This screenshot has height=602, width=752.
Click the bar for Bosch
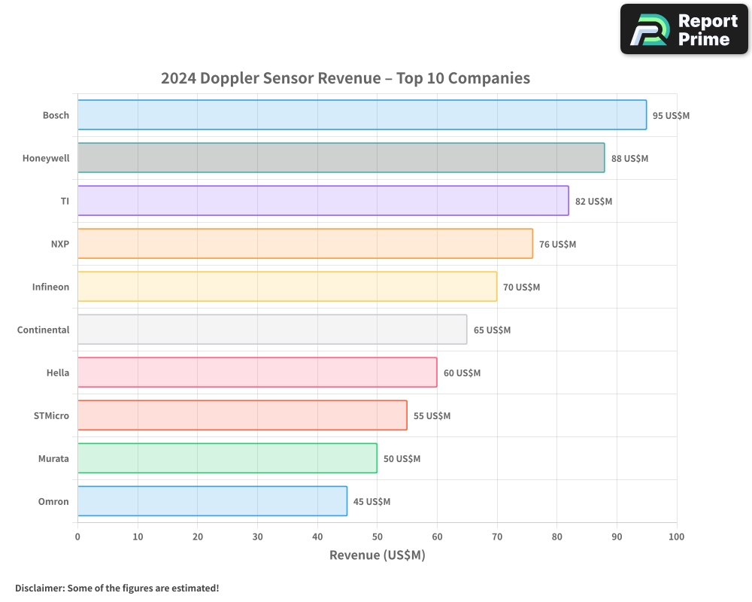click(361, 115)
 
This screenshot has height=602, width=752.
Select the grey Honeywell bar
click(340, 158)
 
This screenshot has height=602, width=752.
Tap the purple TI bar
click(323, 201)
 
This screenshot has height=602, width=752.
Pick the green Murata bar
click(226, 458)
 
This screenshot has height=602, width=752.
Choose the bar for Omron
click(211, 501)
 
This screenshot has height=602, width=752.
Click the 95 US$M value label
click(671, 116)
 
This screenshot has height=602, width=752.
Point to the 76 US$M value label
click(557, 245)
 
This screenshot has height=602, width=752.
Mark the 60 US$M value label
click(462, 373)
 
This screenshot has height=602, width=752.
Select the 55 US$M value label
click(432, 416)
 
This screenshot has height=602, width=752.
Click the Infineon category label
click(50, 287)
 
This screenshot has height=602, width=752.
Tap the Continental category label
click(43, 330)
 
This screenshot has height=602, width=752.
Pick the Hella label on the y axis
click(57, 372)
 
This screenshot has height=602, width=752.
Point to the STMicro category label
click(51, 415)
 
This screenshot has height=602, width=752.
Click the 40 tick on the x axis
click(317, 537)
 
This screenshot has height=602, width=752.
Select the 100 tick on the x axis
click(676, 537)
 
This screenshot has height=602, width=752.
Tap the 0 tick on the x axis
click(77, 537)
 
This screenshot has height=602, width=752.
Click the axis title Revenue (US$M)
click(377, 555)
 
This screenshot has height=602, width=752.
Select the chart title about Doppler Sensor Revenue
click(345, 78)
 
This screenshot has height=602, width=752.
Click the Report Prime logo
click(684, 29)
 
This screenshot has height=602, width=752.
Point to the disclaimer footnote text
click(117, 588)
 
